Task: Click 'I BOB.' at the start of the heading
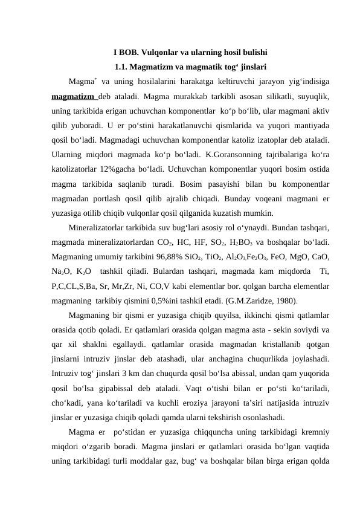pos(124,52)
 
